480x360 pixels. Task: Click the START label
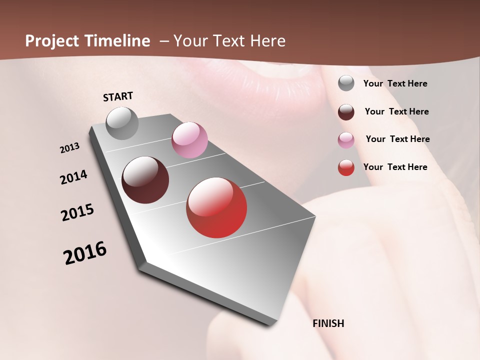(118, 96)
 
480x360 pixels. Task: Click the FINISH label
(328, 323)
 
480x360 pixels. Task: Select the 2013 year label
(70, 148)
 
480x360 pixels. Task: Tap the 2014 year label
(73, 177)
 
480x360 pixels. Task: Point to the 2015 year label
(77, 212)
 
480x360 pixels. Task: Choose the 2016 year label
(85, 253)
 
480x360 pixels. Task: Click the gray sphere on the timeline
(122, 123)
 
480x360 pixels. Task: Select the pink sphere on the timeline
(189, 140)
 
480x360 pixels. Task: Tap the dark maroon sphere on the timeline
(145, 180)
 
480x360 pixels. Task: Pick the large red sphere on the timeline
(216, 207)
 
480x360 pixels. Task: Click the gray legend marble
(346, 83)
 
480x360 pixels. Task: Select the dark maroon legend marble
(346, 112)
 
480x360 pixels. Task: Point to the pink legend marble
(346, 140)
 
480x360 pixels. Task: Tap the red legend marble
(346, 167)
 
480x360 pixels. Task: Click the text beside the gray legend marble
(395, 84)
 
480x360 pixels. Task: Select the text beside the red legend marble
(395, 167)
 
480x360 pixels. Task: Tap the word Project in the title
(52, 41)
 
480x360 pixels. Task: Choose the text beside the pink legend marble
(397, 139)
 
